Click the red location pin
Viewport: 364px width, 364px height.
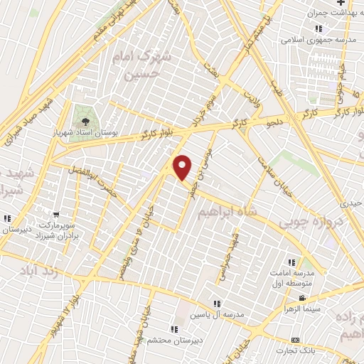(x=183, y=168)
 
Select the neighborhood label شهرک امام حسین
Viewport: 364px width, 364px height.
(x=141, y=64)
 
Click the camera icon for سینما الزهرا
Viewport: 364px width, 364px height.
(x=303, y=298)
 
